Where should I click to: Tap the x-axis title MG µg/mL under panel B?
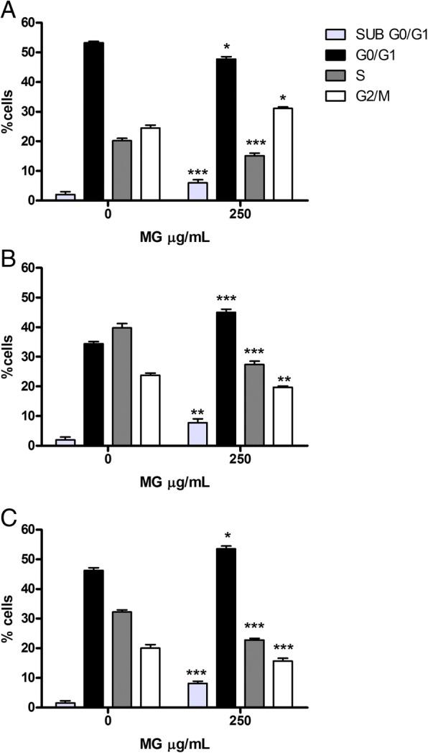(x=175, y=482)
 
